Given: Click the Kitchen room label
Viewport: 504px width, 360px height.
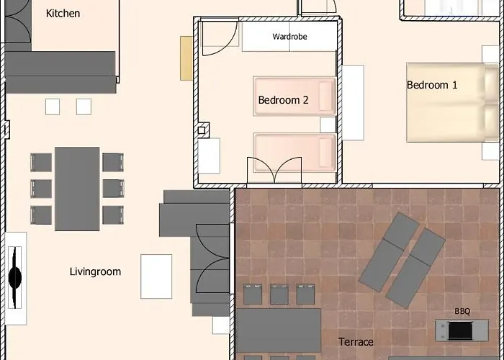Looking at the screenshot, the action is coord(63,13).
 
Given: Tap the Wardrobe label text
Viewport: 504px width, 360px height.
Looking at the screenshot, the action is coord(289,37).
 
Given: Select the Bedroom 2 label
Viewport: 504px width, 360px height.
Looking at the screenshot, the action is coord(283,100).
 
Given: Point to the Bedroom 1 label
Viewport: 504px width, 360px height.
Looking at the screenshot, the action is coord(432,85).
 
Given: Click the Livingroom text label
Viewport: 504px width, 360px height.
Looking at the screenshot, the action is coord(96,271).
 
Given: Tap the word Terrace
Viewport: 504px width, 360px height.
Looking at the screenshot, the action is coord(356,342).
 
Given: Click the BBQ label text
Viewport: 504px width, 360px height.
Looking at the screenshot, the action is coord(462,311).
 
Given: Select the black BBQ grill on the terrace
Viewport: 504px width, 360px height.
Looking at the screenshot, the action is coord(460,330).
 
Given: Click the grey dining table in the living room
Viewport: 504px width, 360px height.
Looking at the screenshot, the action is coord(77,189).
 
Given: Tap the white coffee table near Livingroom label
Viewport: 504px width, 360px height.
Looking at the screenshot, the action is coord(156,276).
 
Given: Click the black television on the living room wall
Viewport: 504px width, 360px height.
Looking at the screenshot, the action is coord(14,277).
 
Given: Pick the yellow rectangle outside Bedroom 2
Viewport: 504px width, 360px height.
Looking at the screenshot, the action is coord(186,58).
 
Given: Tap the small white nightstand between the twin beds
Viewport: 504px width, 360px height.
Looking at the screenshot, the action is coord(328,125).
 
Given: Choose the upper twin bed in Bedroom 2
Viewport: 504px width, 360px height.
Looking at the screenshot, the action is coord(294,96).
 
